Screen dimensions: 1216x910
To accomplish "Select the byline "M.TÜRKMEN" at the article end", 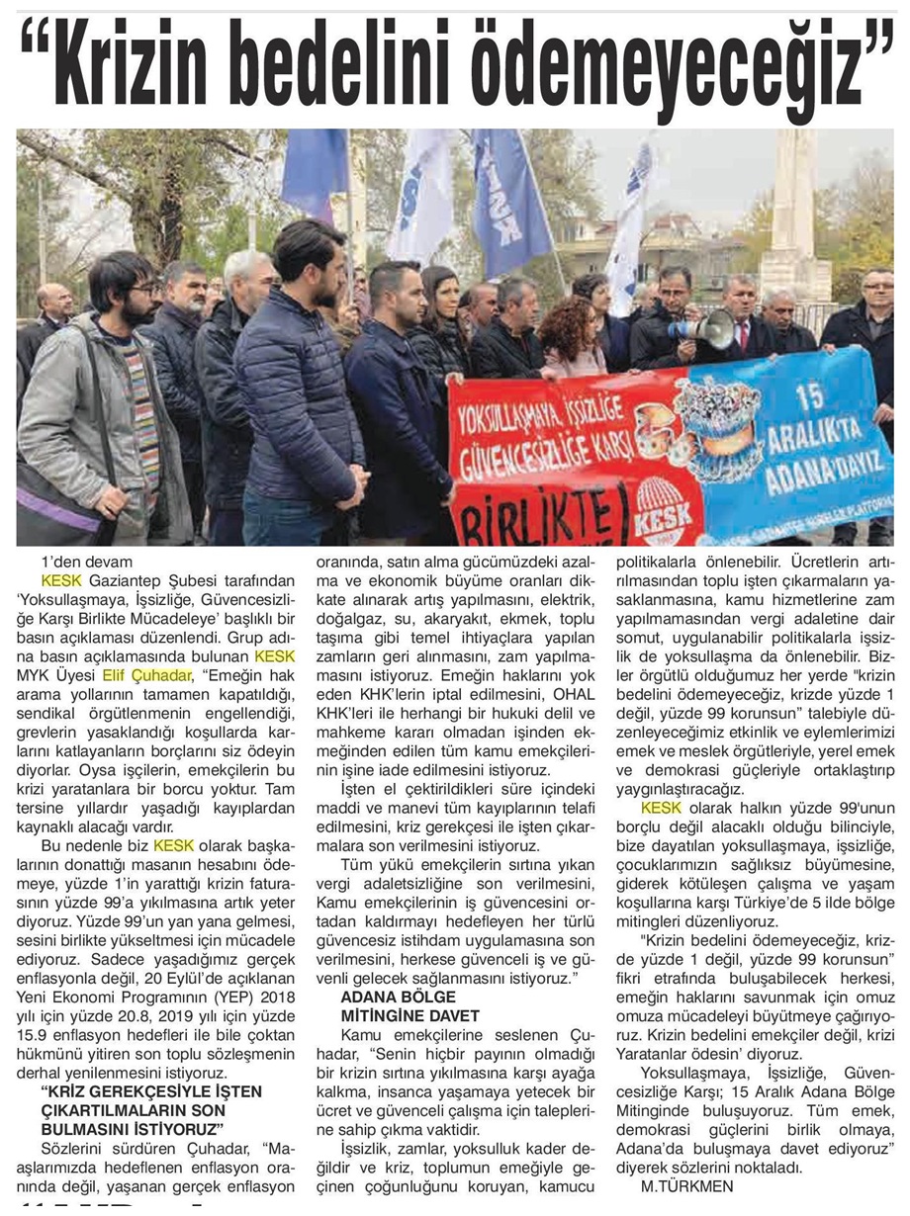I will pos(675,1185).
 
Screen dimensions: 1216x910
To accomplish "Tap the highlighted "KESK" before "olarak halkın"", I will pos(661,809).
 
